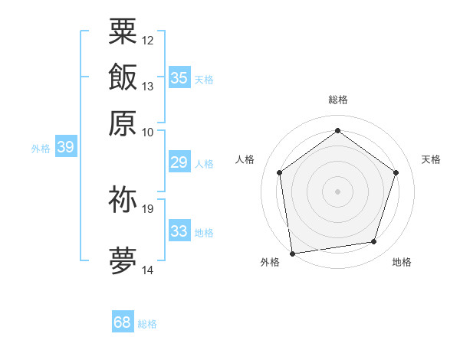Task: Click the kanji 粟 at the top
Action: [123, 31]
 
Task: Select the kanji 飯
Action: [123, 77]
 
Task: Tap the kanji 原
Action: [123, 123]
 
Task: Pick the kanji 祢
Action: [123, 199]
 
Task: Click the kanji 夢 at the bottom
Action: [123, 260]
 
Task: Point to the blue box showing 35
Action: [179, 77]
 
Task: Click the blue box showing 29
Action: [179, 162]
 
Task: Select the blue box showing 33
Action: [179, 231]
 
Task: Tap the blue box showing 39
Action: [65, 147]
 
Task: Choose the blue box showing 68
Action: [123, 322]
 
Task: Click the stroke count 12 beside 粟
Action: [148, 40]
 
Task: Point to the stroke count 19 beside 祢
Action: [148, 208]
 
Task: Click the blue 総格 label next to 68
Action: [147, 324]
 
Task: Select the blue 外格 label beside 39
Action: [41, 149]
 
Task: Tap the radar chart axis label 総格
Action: [337, 100]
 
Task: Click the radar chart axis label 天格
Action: [431, 159]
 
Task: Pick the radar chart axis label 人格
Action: [245, 159]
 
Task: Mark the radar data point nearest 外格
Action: [292, 252]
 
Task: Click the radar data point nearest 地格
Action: [374, 242]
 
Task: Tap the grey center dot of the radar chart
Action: [337, 191]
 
